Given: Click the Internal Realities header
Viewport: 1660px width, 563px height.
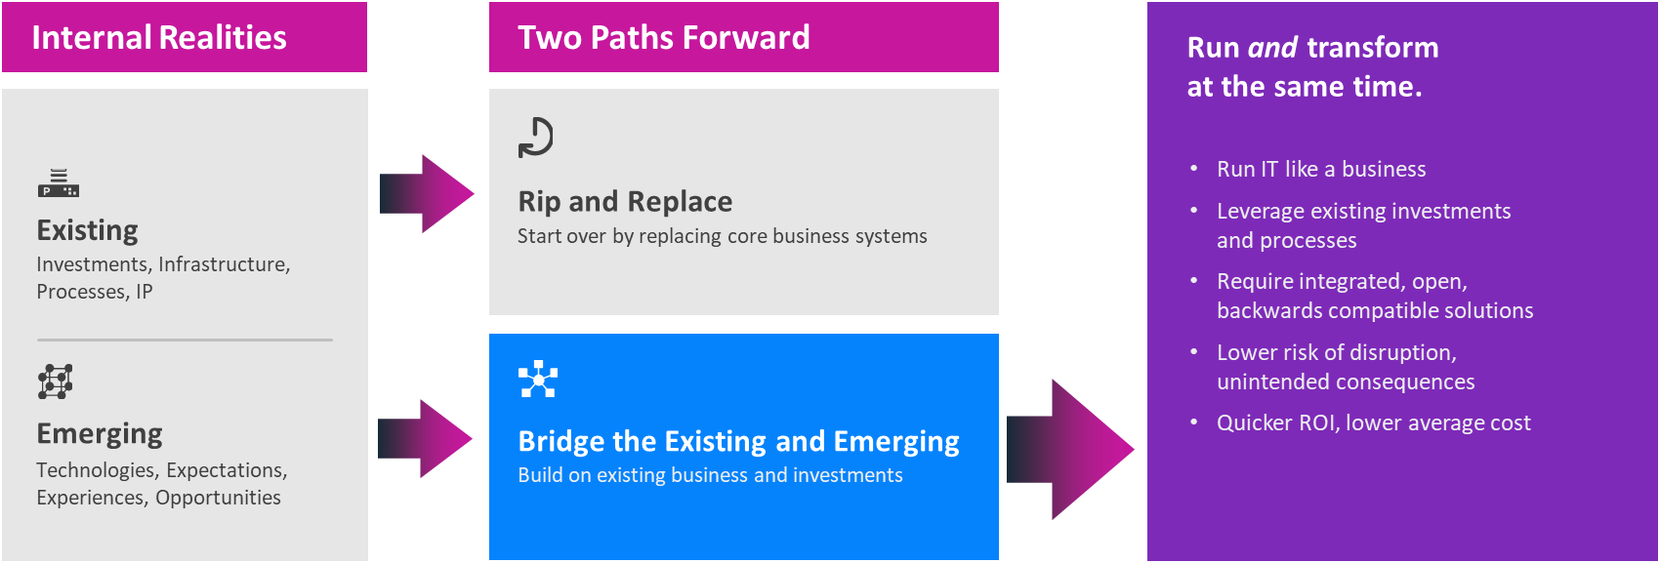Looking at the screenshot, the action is pyautogui.click(x=159, y=38).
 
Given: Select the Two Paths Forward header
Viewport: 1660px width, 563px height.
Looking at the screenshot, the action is pyautogui.click(x=663, y=38).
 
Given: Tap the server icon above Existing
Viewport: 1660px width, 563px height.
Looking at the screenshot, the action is pyautogui.click(x=59, y=183).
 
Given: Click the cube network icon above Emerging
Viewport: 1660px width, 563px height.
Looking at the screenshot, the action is pyautogui.click(x=56, y=382).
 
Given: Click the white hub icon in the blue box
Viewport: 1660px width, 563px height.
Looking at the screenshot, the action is pyautogui.click(x=538, y=379).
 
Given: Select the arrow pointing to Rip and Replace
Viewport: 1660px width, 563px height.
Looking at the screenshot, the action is pyautogui.click(x=427, y=194).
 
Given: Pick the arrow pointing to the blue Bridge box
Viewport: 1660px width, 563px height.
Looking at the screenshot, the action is pyautogui.click(x=426, y=438).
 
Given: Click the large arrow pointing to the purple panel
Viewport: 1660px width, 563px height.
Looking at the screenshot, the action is pyautogui.click(x=1070, y=449).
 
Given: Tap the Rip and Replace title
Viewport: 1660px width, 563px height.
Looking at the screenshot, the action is pyautogui.click(x=625, y=202).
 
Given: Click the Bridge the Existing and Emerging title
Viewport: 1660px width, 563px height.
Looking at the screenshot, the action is pyautogui.click(x=739, y=441).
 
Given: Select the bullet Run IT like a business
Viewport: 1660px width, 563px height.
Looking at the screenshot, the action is pyautogui.click(x=1321, y=169).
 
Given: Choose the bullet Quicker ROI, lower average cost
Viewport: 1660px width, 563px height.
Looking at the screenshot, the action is pyautogui.click(x=1373, y=422).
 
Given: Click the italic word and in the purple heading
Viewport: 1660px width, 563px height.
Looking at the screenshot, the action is pyautogui.click(x=1272, y=48).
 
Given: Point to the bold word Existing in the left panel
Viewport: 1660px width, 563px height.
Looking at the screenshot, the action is pyautogui.click(x=88, y=230).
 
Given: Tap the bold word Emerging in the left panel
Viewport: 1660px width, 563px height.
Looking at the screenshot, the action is pyautogui.click(x=100, y=434).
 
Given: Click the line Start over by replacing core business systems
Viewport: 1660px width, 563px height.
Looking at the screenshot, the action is pyautogui.click(x=722, y=236).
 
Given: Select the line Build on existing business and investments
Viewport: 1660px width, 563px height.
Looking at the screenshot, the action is pyautogui.click(x=710, y=475).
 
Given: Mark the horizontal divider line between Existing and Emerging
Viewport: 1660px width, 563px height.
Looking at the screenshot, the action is pyautogui.click(x=186, y=340).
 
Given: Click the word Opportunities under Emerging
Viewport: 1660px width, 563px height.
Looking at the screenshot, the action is pyautogui.click(x=218, y=497).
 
